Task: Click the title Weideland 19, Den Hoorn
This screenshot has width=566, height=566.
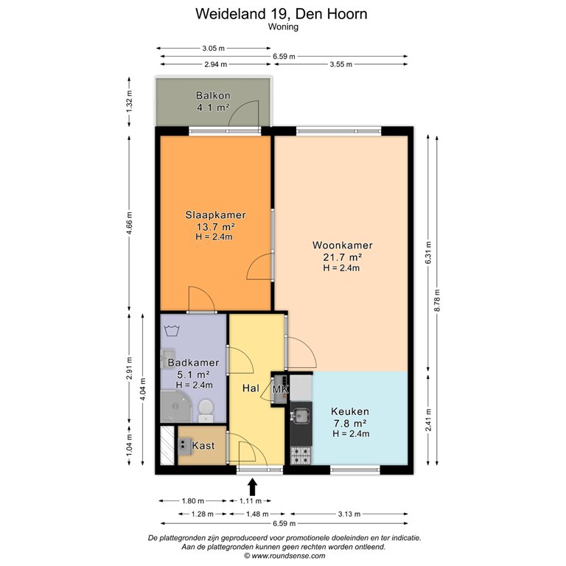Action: coord(282,13)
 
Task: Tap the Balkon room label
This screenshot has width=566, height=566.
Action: coord(212,102)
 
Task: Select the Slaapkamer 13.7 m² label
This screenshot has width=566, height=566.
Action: coord(214,226)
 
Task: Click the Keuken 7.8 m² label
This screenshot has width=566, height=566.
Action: coord(349,422)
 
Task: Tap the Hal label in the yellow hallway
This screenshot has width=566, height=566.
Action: coord(249,388)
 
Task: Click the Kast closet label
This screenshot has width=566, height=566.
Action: coord(203,446)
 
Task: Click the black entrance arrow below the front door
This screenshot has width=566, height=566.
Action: coord(253,486)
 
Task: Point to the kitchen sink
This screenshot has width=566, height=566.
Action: coord(299,417)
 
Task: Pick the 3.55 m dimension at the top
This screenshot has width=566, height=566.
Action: coord(340,65)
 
